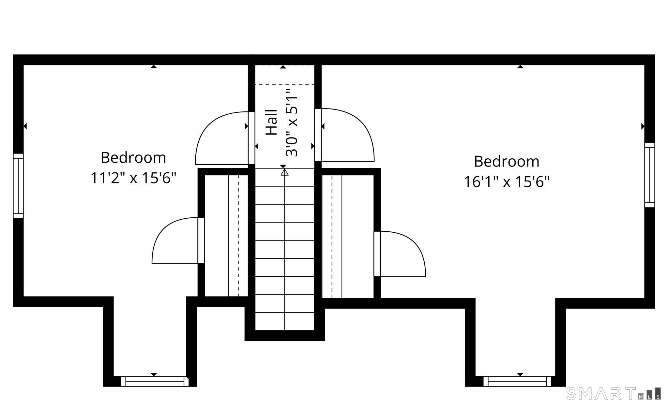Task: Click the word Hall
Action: pos(271,122)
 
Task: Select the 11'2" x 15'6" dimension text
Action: pos(133,178)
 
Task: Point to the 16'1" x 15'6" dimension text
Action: pos(507,182)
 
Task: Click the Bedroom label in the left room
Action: pos(133,158)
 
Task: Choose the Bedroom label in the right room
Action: pos(507,161)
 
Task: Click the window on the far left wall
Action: pos(18,186)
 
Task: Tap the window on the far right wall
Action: pos(650,175)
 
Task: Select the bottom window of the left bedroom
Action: pos(155,381)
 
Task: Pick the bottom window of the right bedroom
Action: pos(517,381)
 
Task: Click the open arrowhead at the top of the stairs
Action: pos(285,172)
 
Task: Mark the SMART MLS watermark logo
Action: pos(614,393)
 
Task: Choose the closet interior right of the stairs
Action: pos(348,237)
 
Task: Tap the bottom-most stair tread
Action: pos(284,322)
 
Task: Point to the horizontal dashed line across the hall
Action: pos(284,85)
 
